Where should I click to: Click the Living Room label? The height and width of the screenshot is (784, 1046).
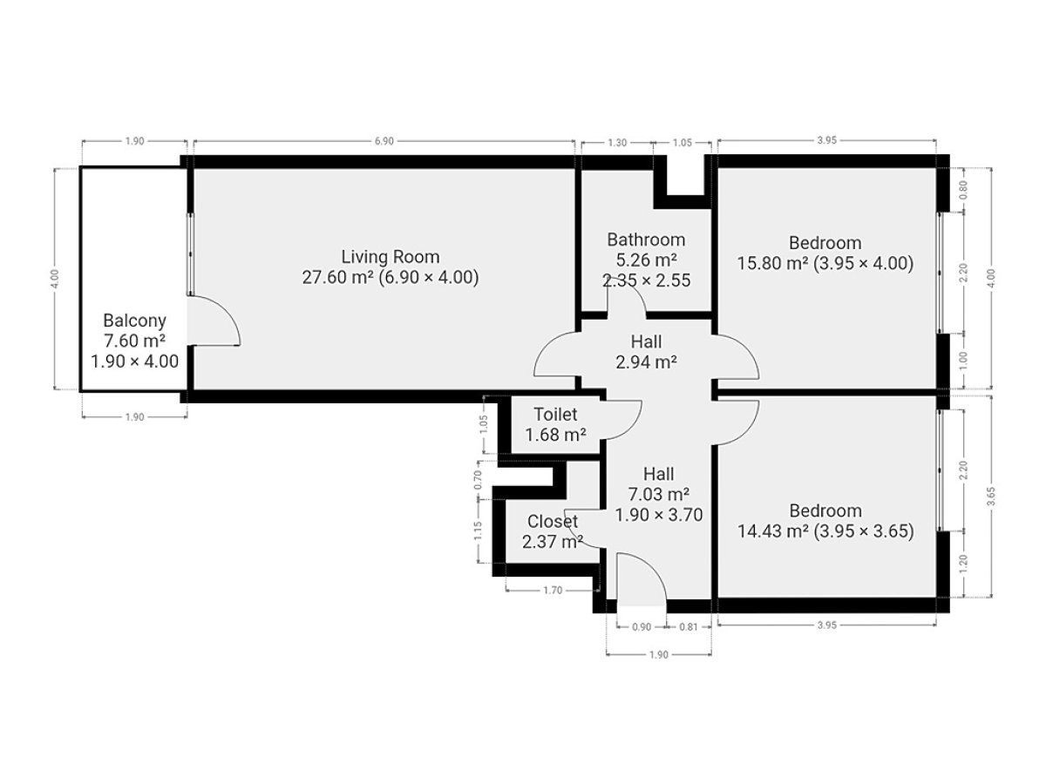[390, 257]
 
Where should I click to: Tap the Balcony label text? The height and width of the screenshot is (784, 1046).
[134, 321]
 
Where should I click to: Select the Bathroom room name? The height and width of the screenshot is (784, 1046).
[646, 240]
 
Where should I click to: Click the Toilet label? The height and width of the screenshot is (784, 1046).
[555, 414]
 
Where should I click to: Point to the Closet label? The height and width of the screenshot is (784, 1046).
[553, 521]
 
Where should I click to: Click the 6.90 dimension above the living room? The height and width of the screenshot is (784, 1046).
[384, 141]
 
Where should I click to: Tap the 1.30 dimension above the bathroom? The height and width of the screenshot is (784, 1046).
[617, 142]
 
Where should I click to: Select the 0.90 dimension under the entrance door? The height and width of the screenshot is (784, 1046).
[642, 627]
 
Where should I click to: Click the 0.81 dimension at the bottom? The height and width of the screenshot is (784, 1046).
[688, 627]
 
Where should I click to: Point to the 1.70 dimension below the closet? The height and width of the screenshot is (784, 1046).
[553, 591]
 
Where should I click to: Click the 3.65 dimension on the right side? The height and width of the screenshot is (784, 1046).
[991, 497]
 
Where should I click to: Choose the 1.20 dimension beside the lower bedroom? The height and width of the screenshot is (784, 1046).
[963, 564]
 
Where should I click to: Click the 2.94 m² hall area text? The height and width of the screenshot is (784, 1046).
[646, 362]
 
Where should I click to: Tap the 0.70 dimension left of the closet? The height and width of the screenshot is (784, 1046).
[478, 480]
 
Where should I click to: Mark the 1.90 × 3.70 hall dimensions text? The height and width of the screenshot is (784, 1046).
[659, 515]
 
